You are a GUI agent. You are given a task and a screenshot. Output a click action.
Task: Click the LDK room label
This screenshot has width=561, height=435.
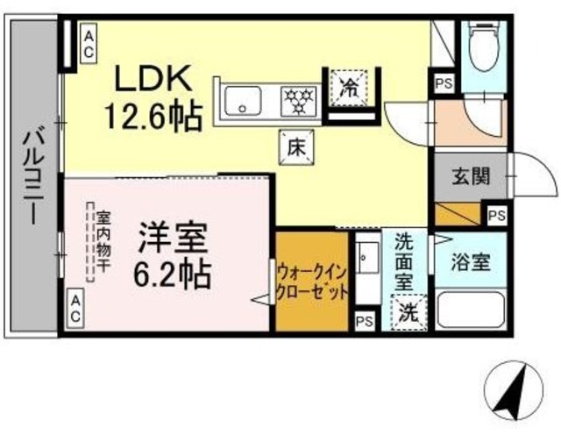pyautogui.click(x=157, y=80)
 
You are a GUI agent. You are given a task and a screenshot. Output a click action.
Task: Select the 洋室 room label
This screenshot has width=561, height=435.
pyautogui.click(x=173, y=239)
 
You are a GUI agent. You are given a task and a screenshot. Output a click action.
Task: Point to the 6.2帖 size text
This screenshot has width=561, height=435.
pyautogui.click(x=173, y=275)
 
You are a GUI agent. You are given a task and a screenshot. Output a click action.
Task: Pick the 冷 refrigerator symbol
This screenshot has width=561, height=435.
pyautogui.click(x=350, y=87)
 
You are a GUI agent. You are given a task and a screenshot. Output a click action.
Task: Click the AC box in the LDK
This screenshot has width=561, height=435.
pyautogui.click(x=89, y=43)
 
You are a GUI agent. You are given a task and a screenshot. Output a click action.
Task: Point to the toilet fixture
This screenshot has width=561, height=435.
pyautogui.click(x=483, y=45)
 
